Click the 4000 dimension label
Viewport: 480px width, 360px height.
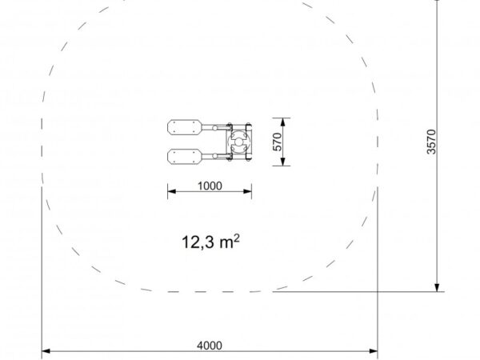[x=210, y=346]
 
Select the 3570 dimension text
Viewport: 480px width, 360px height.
[x=431, y=142]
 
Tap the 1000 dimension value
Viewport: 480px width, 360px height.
[x=210, y=186]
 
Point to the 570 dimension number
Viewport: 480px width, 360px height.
[x=277, y=142]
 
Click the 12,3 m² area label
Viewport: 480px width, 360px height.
[x=210, y=242]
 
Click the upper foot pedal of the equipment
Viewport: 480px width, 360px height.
[x=185, y=127]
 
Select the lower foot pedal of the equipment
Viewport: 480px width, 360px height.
[x=185, y=157]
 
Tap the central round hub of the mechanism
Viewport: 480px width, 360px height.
[x=238, y=142]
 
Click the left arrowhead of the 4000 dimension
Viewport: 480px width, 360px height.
[x=46, y=351]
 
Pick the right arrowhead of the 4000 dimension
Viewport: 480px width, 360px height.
[x=374, y=351]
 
